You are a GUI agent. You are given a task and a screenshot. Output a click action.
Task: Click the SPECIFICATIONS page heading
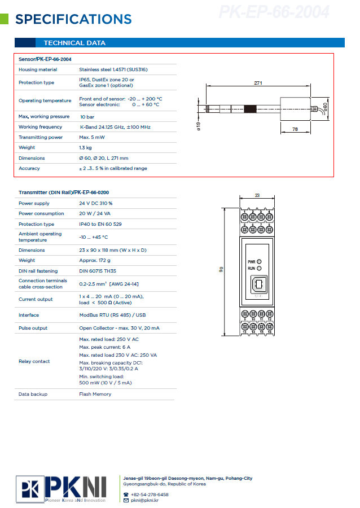point(73,20)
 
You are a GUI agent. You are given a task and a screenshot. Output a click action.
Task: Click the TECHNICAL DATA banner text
point(74,43)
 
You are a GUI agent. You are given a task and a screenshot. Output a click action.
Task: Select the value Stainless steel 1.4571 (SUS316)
point(111,69)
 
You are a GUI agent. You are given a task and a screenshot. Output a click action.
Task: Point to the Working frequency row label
point(40,127)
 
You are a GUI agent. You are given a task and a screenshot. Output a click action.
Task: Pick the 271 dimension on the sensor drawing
point(258,83)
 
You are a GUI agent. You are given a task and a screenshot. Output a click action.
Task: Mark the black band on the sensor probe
point(250,108)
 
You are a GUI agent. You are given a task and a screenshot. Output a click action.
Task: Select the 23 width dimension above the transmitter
point(257,195)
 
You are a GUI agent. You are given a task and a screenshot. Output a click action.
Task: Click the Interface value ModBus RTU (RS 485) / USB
point(112,315)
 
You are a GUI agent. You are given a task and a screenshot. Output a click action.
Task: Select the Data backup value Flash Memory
point(95,394)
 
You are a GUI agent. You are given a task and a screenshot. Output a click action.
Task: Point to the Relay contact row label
point(34,361)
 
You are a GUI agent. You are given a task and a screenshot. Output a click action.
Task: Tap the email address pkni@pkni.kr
point(144,500)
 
